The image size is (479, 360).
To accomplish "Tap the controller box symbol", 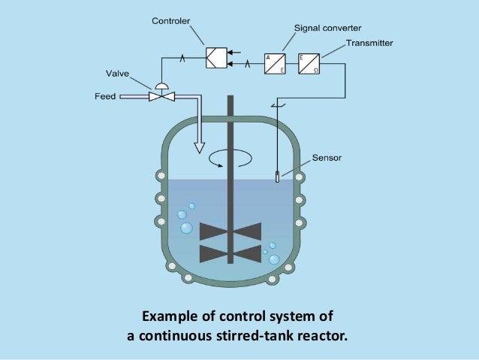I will coord(216,58).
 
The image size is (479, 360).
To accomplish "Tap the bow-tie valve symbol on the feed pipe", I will coord(159,97).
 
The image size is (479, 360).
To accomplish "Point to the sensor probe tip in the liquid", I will coord(277,177).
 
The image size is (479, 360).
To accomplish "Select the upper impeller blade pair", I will coord(230,231).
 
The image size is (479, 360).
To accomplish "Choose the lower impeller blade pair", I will coord(230,254).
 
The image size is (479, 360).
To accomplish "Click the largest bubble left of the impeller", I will coord(186,228).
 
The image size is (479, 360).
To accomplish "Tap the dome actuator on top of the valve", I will coord(159,86).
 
